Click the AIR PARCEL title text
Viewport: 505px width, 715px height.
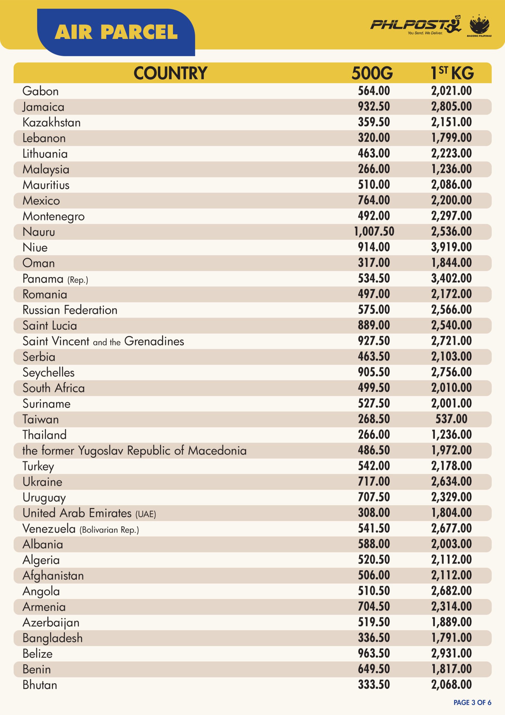116,32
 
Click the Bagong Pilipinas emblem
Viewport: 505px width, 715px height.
479,25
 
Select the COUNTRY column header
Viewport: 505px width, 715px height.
170,73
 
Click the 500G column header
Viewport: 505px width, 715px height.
372,73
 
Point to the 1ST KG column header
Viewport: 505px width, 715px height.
452,73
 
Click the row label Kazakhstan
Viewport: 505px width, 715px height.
52,122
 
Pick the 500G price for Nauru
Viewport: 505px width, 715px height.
374,231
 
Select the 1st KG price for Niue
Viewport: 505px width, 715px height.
451,247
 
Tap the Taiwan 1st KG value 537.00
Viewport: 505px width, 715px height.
451,419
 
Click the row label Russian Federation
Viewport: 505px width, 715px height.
70,310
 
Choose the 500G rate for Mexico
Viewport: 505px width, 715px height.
374,200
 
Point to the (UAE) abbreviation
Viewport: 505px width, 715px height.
146,514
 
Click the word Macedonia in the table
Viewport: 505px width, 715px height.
217,450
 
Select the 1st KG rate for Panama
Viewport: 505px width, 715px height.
451,278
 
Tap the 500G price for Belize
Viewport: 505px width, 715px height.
374,653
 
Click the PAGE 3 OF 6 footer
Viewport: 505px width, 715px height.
472,702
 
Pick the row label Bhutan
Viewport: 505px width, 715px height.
40,685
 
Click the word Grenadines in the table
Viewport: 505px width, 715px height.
154,341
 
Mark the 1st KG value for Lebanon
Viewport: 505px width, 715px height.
451,137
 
